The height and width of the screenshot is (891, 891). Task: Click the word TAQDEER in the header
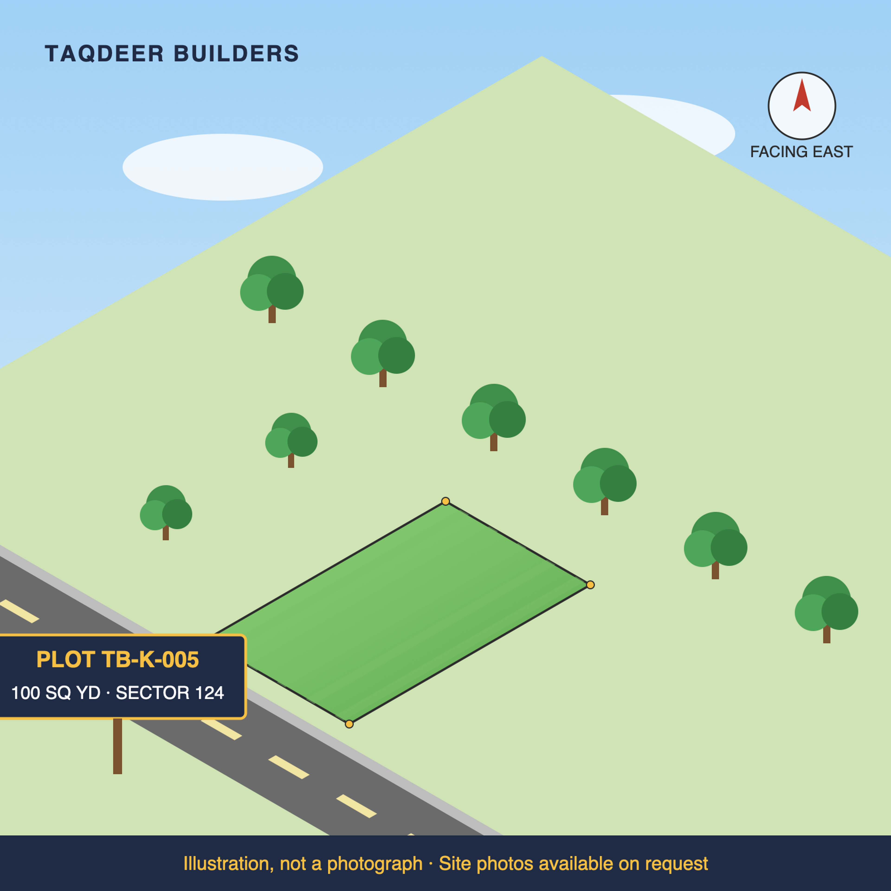pos(104,54)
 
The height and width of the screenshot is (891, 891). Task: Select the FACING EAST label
pos(801,152)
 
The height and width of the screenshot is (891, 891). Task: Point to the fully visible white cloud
pos(223,167)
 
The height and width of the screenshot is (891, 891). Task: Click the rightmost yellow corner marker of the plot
pos(590,585)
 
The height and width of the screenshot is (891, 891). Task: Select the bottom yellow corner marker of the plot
pos(349,724)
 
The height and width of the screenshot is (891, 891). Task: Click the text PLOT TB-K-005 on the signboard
pos(118,659)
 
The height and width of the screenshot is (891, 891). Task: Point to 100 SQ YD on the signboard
pos(56,693)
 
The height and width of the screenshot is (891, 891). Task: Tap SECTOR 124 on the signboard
pos(170,693)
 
